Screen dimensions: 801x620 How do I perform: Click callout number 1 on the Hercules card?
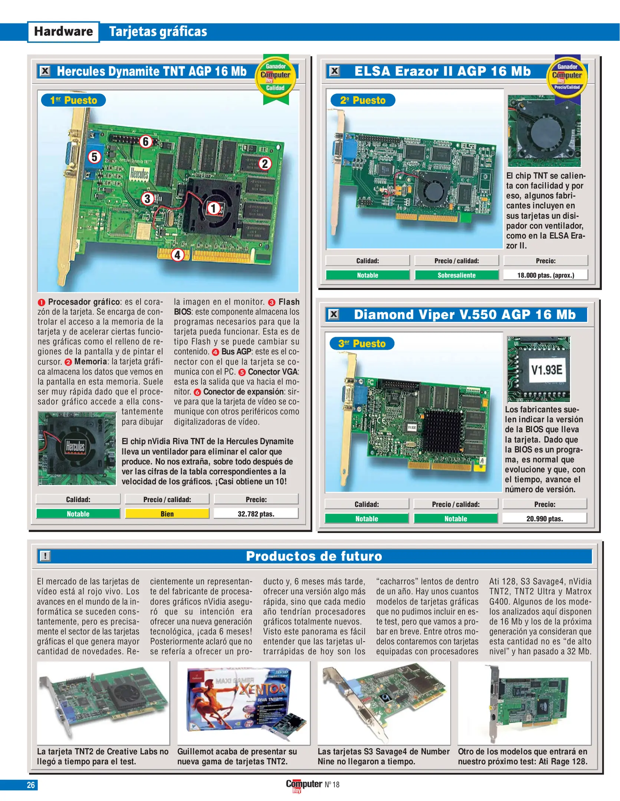[x=213, y=208]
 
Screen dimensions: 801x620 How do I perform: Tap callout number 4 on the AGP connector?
[x=177, y=255]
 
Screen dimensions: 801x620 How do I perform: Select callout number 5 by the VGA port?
[x=94, y=157]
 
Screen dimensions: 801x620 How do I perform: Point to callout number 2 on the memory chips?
[x=265, y=164]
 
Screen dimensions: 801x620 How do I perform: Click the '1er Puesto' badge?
[x=73, y=100]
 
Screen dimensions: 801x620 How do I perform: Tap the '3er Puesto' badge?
[x=362, y=343]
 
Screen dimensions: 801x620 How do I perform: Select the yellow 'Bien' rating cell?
[x=167, y=514]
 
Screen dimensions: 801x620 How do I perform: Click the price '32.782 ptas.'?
[x=256, y=514]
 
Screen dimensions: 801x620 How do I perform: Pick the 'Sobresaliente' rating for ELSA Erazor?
[x=456, y=275]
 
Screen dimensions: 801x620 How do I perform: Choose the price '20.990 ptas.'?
[x=544, y=518]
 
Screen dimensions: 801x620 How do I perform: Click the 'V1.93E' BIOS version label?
[x=547, y=370]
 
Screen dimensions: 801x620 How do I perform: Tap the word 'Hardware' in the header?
[x=63, y=32]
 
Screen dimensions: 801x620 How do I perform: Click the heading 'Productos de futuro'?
[x=314, y=556]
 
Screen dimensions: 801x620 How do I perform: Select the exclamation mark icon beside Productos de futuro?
[x=45, y=556]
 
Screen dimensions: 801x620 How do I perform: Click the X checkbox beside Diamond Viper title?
[x=334, y=314]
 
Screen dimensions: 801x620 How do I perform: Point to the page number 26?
[x=31, y=785]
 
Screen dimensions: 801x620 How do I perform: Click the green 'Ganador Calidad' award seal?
[x=275, y=78]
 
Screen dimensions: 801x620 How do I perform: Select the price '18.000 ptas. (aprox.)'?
[x=545, y=275]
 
